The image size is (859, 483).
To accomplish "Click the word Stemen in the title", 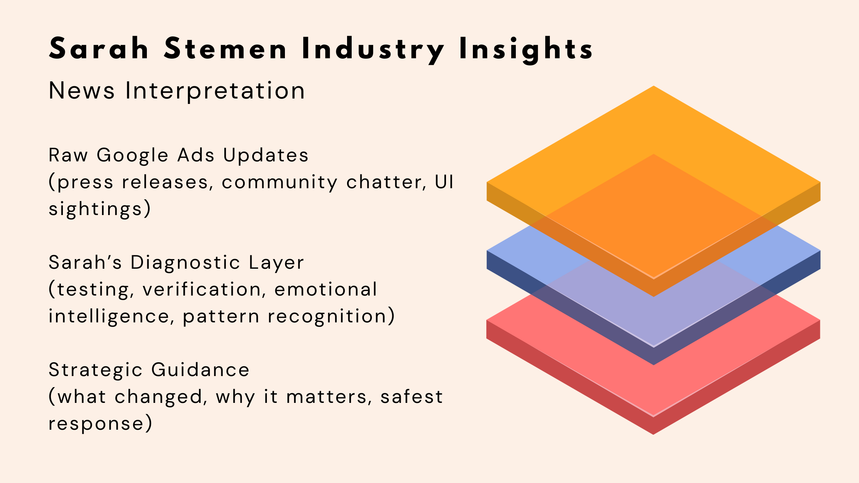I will (x=225, y=49).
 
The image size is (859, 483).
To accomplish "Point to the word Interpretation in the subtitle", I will (x=215, y=91).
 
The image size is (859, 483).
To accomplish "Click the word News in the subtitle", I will (x=82, y=91).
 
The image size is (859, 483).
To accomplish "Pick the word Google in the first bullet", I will (x=132, y=156).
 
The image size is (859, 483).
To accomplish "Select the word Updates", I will (x=266, y=155).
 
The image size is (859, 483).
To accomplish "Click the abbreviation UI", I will (x=444, y=182).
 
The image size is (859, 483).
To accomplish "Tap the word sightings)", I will (x=100, y=209).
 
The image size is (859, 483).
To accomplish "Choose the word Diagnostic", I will (x=185, y=263).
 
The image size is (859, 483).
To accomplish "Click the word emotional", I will (x=326, y=289).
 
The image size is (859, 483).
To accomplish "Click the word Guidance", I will (x=200, y=370).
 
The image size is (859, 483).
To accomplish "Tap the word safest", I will (x=411, y=397).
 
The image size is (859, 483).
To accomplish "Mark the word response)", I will (x=100, y=424).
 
